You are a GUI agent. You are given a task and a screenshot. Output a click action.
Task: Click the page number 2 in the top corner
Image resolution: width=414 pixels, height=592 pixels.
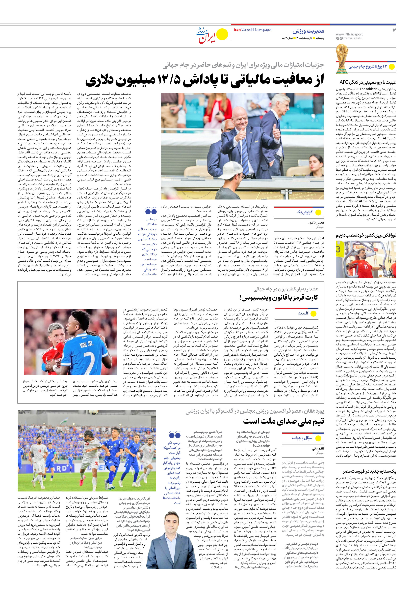[x=394, y=31]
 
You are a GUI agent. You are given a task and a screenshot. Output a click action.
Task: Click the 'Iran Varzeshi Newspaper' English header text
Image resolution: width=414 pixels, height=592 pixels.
[x=253, y=30]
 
